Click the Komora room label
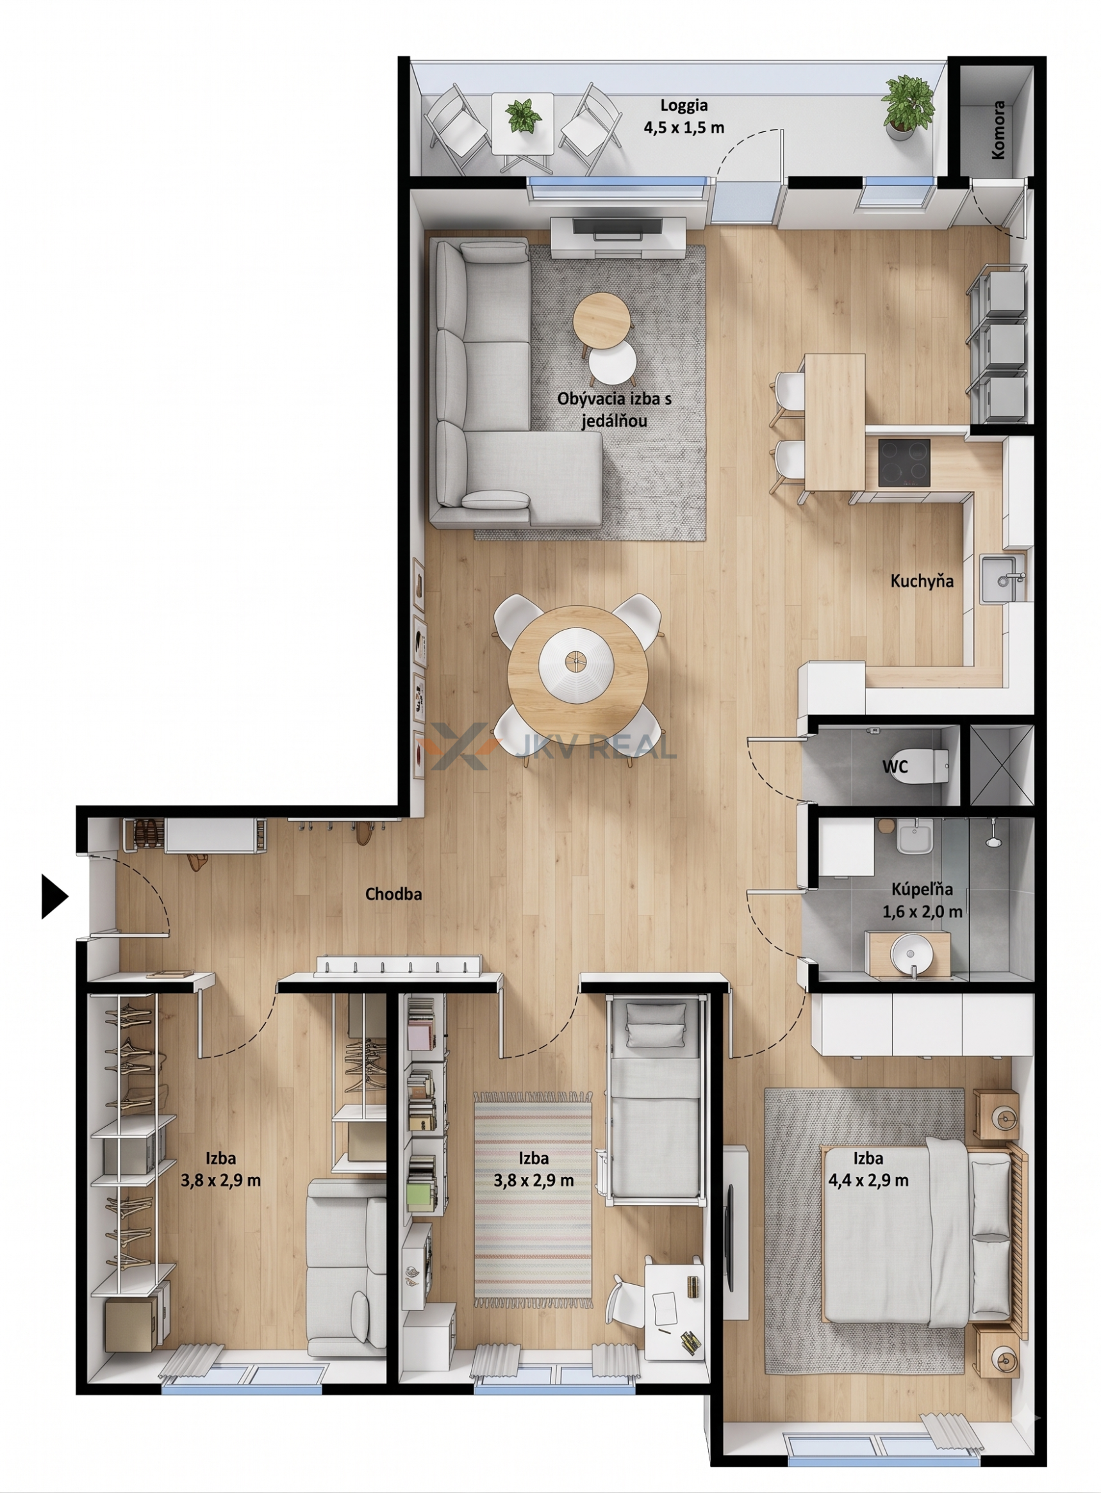(998, 130)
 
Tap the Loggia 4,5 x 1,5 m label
(684, 116)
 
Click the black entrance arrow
(54, 896)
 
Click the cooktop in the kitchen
(904, 463)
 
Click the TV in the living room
(618, 227)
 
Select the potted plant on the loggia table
(523, 116)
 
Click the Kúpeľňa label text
(922, 889)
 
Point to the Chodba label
(393, 894)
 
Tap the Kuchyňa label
(922, 581)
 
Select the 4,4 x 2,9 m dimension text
(868, 1180)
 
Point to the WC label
(895, 767)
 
